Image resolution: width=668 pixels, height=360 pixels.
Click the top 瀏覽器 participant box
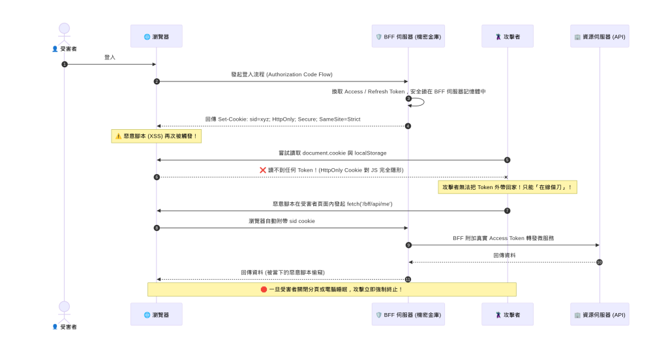point(157,37)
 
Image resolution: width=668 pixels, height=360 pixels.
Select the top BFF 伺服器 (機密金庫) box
point(408,37)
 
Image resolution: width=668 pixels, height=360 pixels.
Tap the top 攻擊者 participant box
point(508,37)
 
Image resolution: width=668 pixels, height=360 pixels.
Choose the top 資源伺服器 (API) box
point(600,37)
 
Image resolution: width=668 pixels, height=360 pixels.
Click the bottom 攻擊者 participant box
point(508,314)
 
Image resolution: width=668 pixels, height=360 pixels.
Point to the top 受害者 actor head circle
point(65,28)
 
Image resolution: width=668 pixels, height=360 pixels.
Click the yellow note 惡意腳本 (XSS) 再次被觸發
point(157,136)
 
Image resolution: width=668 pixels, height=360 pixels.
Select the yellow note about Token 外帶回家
point(508,187)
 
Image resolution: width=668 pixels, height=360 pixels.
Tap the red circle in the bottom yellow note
point(264,290)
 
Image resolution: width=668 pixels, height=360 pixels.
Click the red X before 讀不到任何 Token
point(263,170)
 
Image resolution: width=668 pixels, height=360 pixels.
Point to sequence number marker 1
point(65,65)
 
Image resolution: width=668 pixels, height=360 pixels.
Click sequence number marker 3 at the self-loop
point(408,98)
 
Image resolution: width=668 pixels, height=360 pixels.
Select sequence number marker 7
point(508,211)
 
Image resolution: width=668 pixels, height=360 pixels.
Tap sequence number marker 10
point(600,262)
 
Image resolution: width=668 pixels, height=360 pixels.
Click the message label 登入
point(110,57)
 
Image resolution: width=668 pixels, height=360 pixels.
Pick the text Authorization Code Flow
point(299,74)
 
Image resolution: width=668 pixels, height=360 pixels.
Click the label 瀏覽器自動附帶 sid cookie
point(282,221)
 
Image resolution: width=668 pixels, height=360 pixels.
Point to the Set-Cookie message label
point(283,119)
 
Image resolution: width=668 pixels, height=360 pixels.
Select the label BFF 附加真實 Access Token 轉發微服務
point(504,238)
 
